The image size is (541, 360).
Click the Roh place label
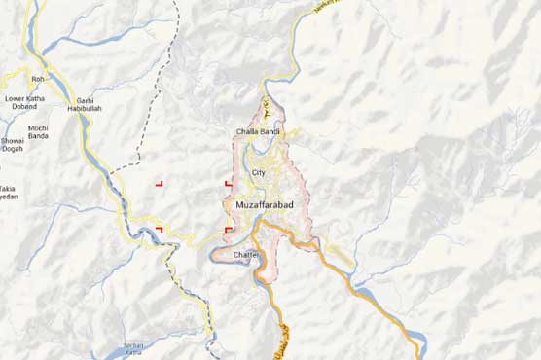38,79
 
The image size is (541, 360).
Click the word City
258,172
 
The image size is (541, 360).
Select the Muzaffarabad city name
265,205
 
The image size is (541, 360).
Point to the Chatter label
249,254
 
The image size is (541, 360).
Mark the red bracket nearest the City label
228,182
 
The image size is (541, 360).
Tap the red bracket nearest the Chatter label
228,230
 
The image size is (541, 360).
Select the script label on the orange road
281,339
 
